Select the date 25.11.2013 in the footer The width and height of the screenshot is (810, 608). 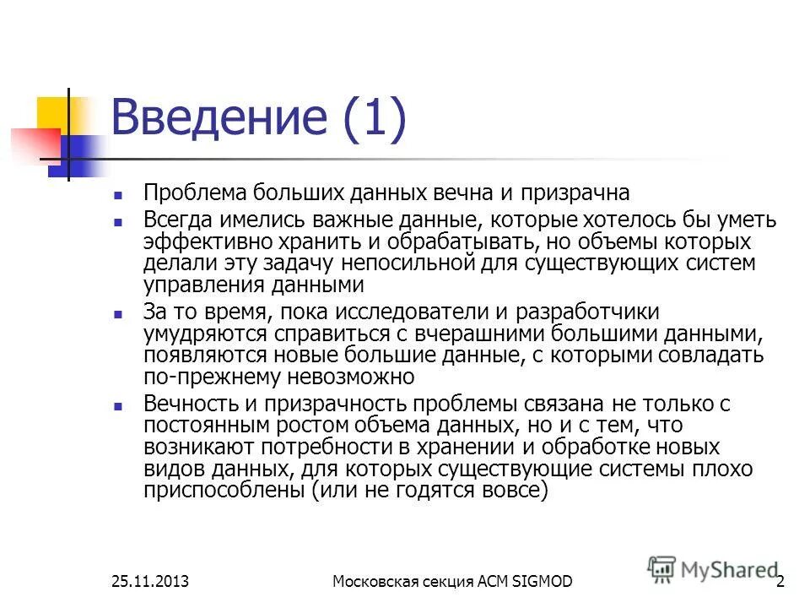148,581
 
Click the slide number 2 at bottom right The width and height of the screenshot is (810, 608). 780,581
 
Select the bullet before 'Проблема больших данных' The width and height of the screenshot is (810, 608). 118,194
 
